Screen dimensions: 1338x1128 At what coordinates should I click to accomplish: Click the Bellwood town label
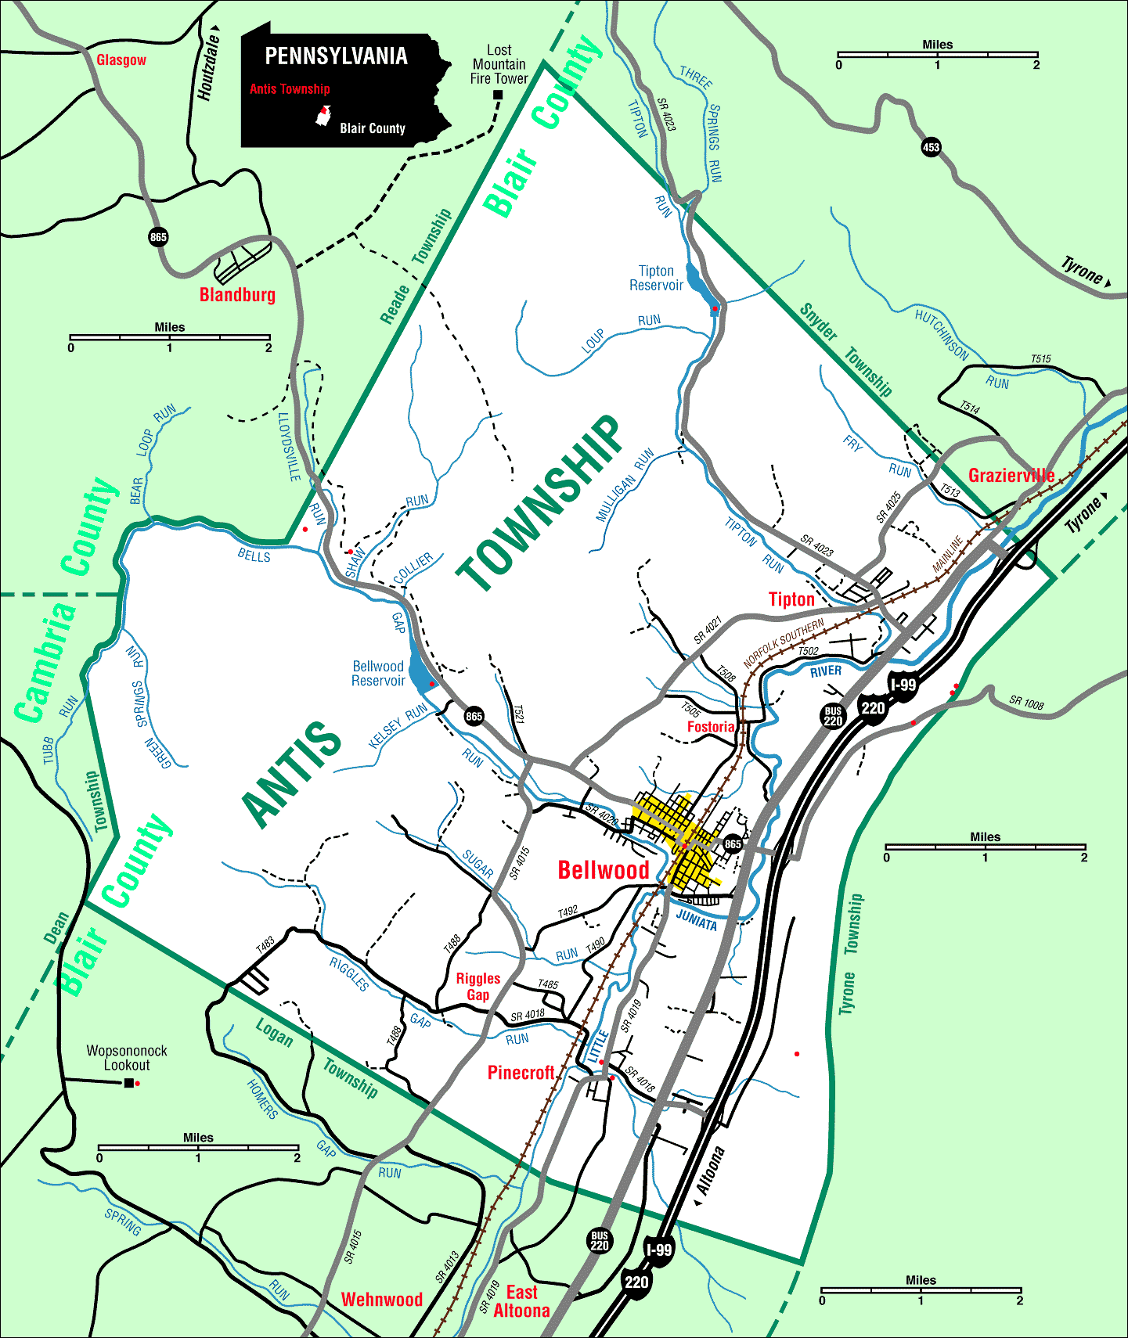(603, 870)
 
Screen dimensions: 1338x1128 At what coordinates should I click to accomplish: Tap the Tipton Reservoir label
(656, 279)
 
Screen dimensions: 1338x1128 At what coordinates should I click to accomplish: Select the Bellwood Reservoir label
(378, 674)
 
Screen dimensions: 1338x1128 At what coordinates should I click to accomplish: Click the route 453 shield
(931, 147)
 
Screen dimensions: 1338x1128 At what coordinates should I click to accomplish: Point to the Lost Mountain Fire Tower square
(497, 95)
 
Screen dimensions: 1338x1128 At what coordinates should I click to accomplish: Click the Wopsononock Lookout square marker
(128, 1083)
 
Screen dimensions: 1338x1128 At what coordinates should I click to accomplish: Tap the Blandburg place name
(237, 295)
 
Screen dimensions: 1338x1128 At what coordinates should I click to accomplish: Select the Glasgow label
(121, 60)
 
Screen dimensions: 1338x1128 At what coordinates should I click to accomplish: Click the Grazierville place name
(1011, 475)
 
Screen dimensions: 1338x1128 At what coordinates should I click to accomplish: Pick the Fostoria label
(711, 727)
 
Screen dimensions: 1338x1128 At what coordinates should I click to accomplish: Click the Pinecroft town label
(521, 1073)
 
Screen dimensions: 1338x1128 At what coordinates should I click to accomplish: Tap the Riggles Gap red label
(478, 987)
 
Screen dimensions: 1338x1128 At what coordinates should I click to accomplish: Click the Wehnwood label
(382, 1300)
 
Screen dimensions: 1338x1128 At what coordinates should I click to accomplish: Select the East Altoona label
(521, 1302)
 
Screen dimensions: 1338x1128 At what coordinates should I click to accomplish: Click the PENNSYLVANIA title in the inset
(336, 56)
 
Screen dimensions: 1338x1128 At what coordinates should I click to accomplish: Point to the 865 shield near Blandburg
(158, 237)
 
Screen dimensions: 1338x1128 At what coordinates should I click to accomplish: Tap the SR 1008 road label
(1025, 702)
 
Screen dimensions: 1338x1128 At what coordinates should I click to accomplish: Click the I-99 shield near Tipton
(903, 685)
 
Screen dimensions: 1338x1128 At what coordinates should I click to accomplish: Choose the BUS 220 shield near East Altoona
(600, 1240)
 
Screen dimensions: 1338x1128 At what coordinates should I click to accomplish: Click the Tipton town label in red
(791, 599)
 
